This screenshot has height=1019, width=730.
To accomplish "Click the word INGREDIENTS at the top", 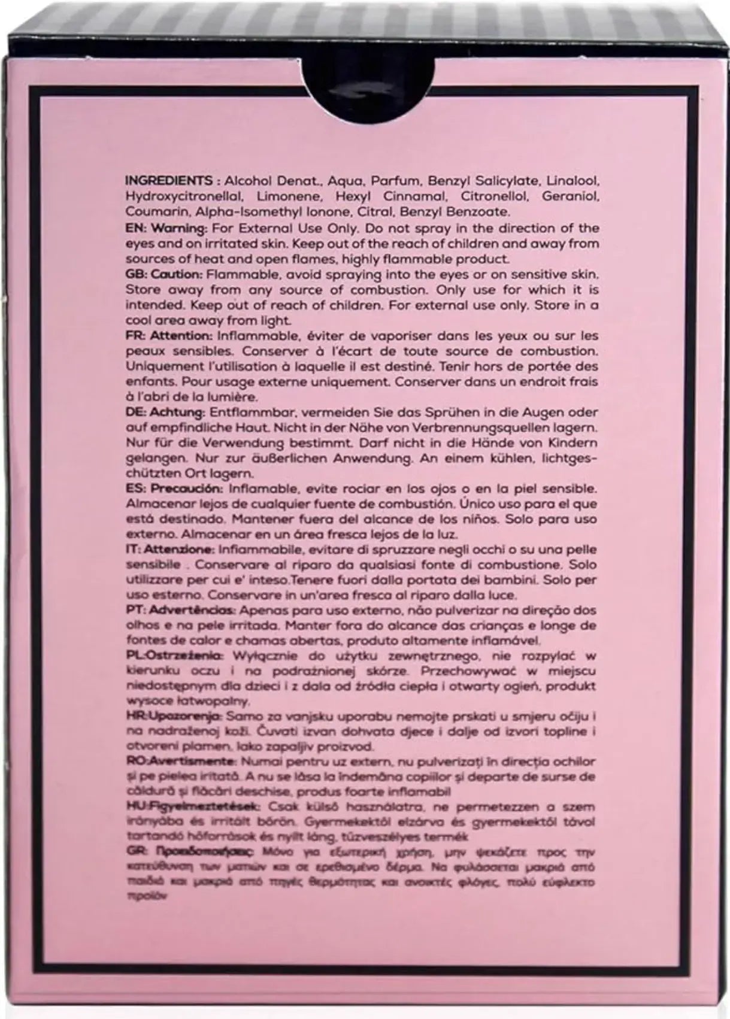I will click(167, 181).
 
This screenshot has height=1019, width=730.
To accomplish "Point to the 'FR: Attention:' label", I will click(169, 336).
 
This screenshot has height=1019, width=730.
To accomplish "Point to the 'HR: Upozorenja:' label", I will click(174, 717).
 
